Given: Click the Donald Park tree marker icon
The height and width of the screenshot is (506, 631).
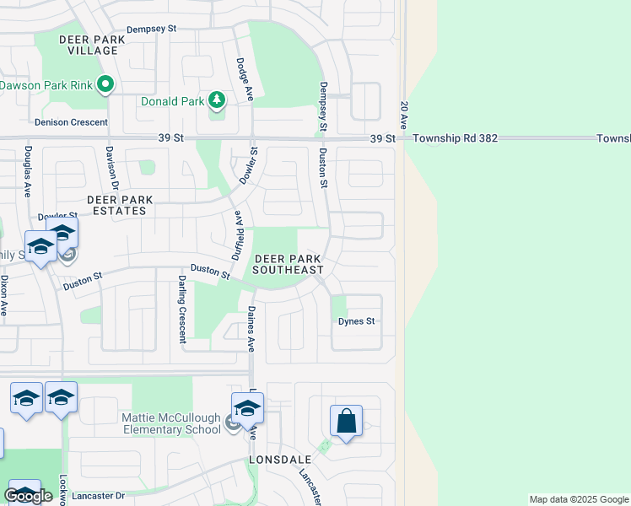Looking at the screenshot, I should [x=217, y=101].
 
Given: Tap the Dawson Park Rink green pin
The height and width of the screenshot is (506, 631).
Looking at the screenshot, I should [x=105, y=84].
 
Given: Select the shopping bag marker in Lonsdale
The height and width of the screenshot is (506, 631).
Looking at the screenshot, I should [x=347, y=420].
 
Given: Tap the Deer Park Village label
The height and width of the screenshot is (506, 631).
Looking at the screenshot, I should [x=89, y=45].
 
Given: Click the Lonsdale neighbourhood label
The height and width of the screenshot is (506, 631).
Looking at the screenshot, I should [x=280, y=460].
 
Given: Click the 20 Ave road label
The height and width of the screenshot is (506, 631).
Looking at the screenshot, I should [x=404, y=114].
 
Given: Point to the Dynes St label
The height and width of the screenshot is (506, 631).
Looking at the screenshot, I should [x=356, y=321].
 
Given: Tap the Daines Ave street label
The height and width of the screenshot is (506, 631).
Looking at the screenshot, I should [x=251, y=328].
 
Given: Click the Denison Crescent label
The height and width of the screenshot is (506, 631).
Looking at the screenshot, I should [x=71, y=122].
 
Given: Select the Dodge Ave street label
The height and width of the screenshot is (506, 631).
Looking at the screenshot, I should [x=245, y=79].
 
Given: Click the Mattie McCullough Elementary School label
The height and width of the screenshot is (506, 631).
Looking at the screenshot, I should [x=147, y=423].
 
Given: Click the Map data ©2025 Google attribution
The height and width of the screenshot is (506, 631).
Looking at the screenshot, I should [x=579, y=499].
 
